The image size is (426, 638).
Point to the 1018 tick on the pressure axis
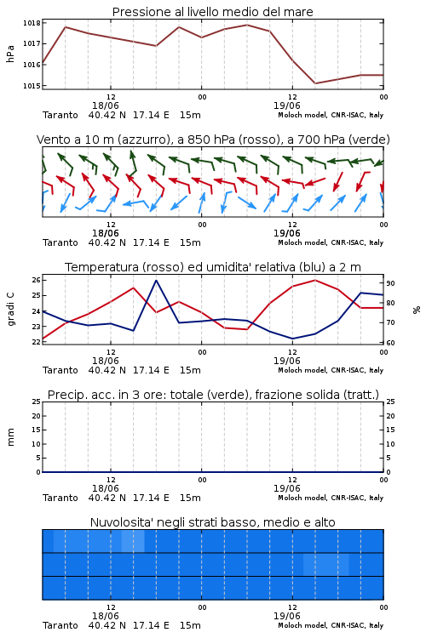click(x=32, y=23)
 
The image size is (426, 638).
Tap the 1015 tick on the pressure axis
click(x=32, y=86)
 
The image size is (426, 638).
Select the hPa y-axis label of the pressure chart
click(x=10, y=54)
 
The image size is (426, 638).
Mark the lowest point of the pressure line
click(x=315, y=83)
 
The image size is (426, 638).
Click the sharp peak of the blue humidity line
click(x=156, y=281)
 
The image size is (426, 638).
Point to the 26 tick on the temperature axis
click(x=37, y=280)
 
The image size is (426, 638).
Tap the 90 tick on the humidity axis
click(x=390, y=283)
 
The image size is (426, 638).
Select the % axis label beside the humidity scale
click(x=417, y=310)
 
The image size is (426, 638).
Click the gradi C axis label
click(x=10, y=310)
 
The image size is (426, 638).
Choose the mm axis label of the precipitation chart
click(x=10, y=437)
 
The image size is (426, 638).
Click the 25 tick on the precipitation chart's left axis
click(x=37, y=402)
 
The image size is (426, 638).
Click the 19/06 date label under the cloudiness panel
click(x=287, y=616)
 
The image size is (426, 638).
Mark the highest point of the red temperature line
click(x=315, y=281)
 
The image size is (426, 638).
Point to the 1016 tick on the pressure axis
click(x=32, y=65)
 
